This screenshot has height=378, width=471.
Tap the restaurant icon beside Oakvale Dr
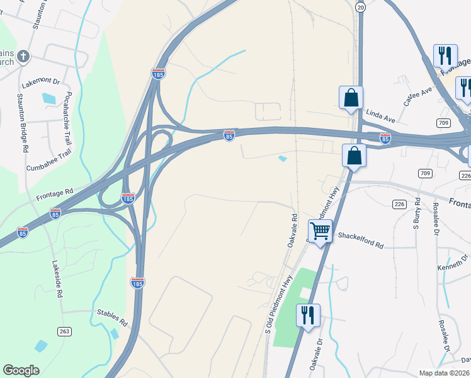click(x=308, y=315)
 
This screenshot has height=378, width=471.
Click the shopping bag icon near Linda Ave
click(x=351, y=98)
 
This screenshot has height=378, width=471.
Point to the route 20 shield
click(x=360, y=6)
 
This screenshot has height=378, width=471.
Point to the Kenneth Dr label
click(x=454, y=263)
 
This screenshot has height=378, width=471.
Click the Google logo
click(x=21, y=370)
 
